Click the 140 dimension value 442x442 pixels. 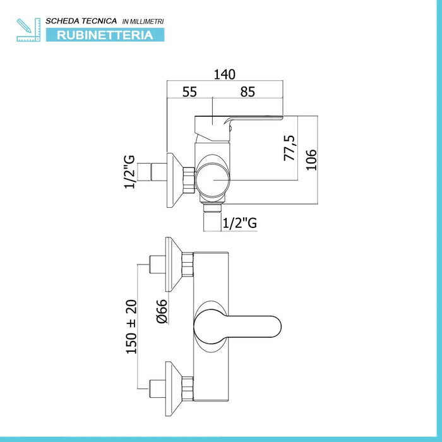coord(224,75)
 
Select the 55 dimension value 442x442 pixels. coord(189,92)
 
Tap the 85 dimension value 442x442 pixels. coord(248,92)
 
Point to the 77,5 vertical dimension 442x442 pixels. coord(290,148)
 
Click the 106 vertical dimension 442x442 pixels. coord(311,160)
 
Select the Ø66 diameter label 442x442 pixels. coord(162,311)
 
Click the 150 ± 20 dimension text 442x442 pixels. coord(131,326)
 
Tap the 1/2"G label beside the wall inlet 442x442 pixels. coord(129,172)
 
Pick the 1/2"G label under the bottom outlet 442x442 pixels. coord(240,223)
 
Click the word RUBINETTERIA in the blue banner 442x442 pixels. coord(105,35)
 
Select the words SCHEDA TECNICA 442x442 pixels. coord(81,21)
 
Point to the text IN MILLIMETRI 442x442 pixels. coord(143,21)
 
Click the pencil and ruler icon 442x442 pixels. coord(28,30)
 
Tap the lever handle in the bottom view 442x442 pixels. coord(237,326)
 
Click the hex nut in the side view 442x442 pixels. coord(189,181)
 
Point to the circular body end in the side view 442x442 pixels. coord(213,180)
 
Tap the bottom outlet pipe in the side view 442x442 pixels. coord(212,217)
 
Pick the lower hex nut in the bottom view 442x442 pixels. coord(188,389)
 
